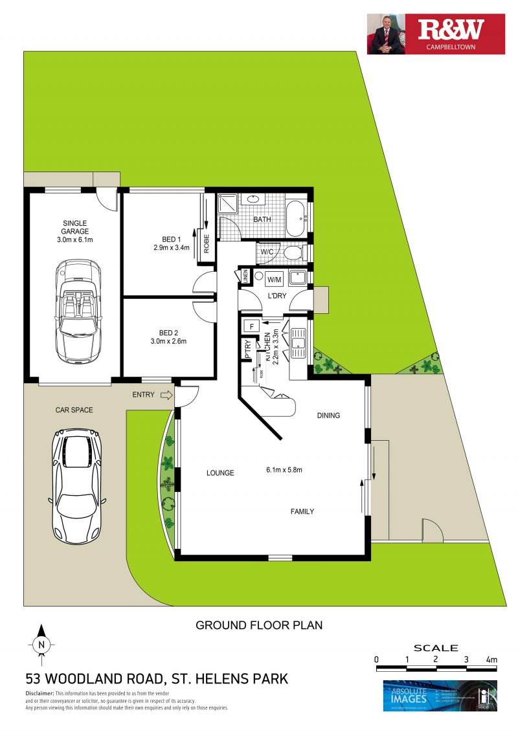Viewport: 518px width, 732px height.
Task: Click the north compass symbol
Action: point(41,644)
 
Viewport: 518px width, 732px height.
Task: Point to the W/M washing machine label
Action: point(275,280)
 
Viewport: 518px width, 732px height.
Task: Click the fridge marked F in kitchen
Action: point(250,325)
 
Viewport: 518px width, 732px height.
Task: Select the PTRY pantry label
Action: point(247,350)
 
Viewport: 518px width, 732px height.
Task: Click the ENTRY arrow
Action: point(165,394)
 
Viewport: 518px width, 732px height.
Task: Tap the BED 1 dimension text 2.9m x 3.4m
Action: point(171,247)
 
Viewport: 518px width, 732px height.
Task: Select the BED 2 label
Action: point(171,328)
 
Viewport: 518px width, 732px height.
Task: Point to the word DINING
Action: point(328,416)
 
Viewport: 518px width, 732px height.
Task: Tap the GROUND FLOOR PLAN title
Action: point(259,625)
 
